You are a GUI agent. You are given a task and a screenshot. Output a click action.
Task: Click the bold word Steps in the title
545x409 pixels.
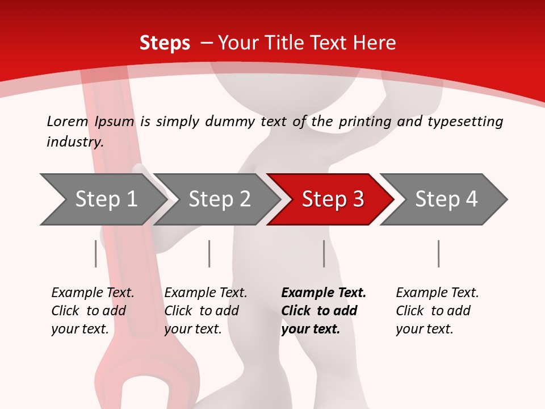pyautogui.click(x=165, y=43)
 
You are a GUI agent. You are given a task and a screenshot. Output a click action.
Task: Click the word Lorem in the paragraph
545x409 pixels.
pyautogui.click(x=68, y=121)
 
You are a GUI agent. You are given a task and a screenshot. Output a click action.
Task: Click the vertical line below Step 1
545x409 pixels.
pyautogui.click(x=95, y=253)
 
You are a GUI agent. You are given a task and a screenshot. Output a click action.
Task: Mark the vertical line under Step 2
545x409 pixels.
pyautogui.click(x=209, y=253)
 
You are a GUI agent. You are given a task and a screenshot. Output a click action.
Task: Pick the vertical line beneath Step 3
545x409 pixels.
pyautogui.click(x=324, y=253)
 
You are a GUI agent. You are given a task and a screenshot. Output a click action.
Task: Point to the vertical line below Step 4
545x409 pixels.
pyautogui.click(x=438, y=253)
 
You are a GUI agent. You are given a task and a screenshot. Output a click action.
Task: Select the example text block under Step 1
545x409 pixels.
pyautogui.click(x=93, y=310)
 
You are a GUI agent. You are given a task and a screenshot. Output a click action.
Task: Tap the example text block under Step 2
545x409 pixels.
pyautogui.click(x=206, y=310)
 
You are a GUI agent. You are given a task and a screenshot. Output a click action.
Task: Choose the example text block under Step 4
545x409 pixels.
pyautogui.click(x=437, y=310)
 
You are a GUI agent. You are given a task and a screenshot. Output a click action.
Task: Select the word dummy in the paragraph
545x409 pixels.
pyautogui.click(x=230, y=121)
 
